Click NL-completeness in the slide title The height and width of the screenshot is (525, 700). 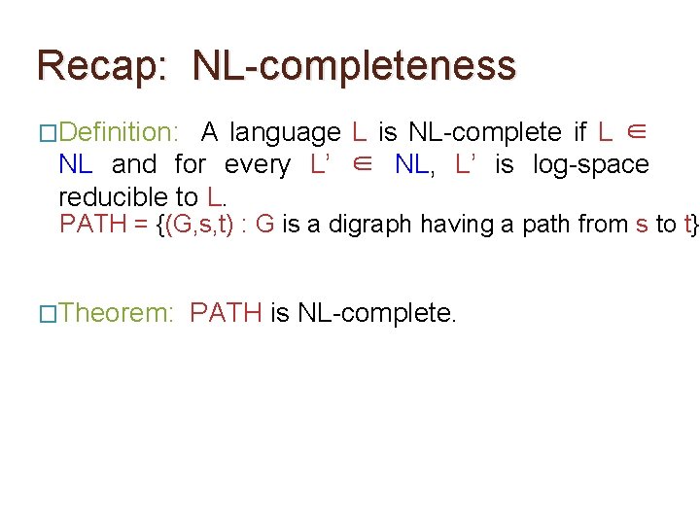point(355,66)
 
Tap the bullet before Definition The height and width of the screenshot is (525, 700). point(48,133)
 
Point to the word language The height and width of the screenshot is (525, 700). point(286,132)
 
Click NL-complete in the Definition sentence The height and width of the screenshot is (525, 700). point(484,132)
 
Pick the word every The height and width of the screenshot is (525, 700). point(257,165)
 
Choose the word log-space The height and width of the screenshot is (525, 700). point(591,165)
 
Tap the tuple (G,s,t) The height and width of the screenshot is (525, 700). point(200,225)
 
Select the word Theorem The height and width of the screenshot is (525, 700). point(117,313)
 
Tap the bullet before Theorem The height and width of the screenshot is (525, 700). point(48,314)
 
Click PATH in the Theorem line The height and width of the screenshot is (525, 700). point(227,313)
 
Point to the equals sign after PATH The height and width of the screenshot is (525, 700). point(141,225)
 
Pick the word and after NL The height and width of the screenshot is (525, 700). point(133,165)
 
